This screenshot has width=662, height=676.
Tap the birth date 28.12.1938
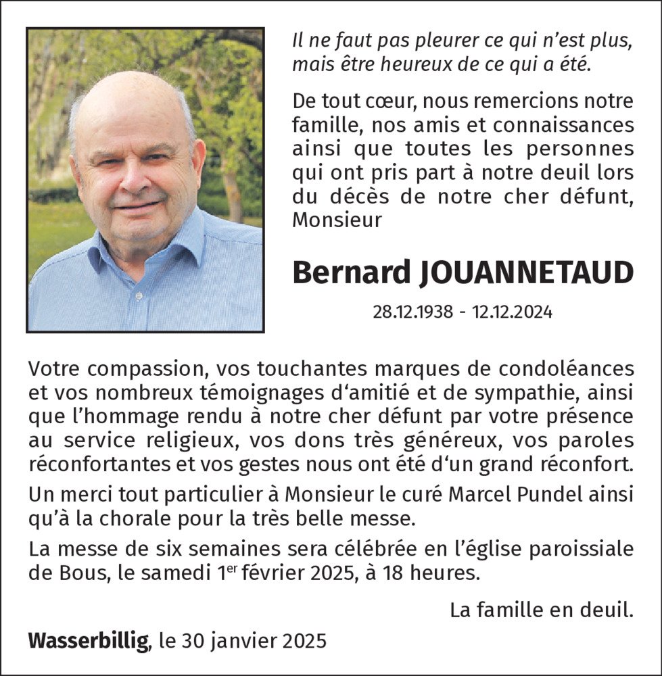point(412,312)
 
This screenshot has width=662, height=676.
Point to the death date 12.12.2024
point(513,312)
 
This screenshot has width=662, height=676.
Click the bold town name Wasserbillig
point(89,639)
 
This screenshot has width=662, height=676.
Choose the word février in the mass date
point(272,574)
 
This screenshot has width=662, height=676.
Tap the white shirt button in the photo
point(138,296)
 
